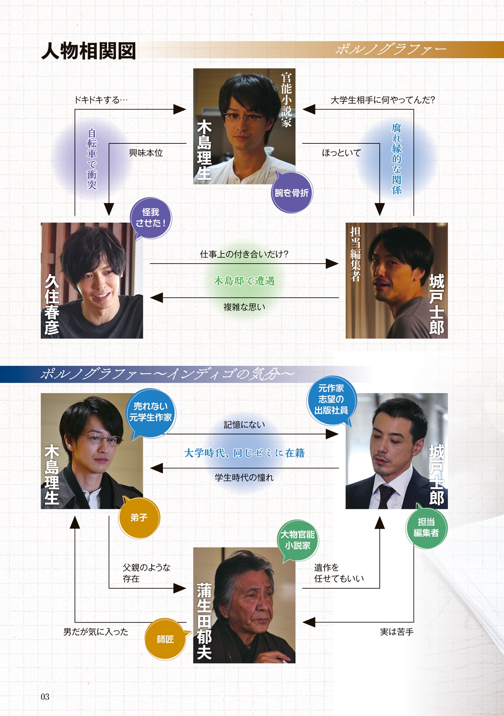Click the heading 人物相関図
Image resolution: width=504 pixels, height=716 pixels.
tap(89, 51)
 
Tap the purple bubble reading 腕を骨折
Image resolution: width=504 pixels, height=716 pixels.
tap(291, 193)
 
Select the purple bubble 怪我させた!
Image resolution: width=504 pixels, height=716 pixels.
tap(151, 218)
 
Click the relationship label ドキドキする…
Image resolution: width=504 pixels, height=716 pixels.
tap(101, 100)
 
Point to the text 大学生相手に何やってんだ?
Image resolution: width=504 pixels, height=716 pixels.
tap(382, 100)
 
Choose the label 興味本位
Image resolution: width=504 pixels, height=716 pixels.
tap(146, 153)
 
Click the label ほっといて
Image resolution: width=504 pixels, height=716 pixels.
tap(341, 153)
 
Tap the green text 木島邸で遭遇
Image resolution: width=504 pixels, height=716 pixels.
tap(244, 281)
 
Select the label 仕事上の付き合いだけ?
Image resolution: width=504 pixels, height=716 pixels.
tap(244, 254)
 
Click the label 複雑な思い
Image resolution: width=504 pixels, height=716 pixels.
tap(244, 307)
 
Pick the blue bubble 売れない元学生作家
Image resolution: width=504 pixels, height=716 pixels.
tap(150, 412)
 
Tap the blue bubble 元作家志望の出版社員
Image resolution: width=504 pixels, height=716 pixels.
tap(331, 399)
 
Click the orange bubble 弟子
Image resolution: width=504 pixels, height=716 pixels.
tap(139, 517)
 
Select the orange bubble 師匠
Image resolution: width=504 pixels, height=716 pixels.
tap(165, 639)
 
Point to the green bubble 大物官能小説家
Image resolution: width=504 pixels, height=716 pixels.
tap(298, 540)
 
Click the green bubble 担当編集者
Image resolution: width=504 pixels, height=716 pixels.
tap(426, 527)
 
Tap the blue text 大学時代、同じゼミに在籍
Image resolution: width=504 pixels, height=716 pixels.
tap(244, 453)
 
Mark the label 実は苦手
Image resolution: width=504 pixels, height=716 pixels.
tap(397, 632)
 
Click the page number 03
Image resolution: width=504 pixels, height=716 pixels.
tap(45, 697)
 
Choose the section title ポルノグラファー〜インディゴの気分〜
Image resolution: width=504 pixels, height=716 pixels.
tap(167, 374)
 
